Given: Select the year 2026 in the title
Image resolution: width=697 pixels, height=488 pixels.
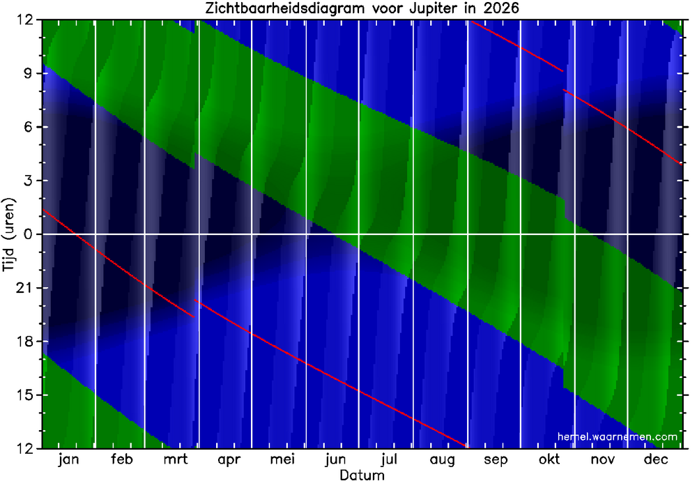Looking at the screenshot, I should coord(501,9).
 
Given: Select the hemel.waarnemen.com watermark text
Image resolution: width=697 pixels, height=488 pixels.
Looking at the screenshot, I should coord(618,436).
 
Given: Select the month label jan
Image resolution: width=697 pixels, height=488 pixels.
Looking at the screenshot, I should coord(69,459).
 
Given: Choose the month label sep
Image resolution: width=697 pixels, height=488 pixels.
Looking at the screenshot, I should coord(496,460).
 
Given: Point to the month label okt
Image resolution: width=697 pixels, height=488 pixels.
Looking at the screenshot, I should coord(549,459).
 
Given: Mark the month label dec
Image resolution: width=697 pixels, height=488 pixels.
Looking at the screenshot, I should coord(656,459).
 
